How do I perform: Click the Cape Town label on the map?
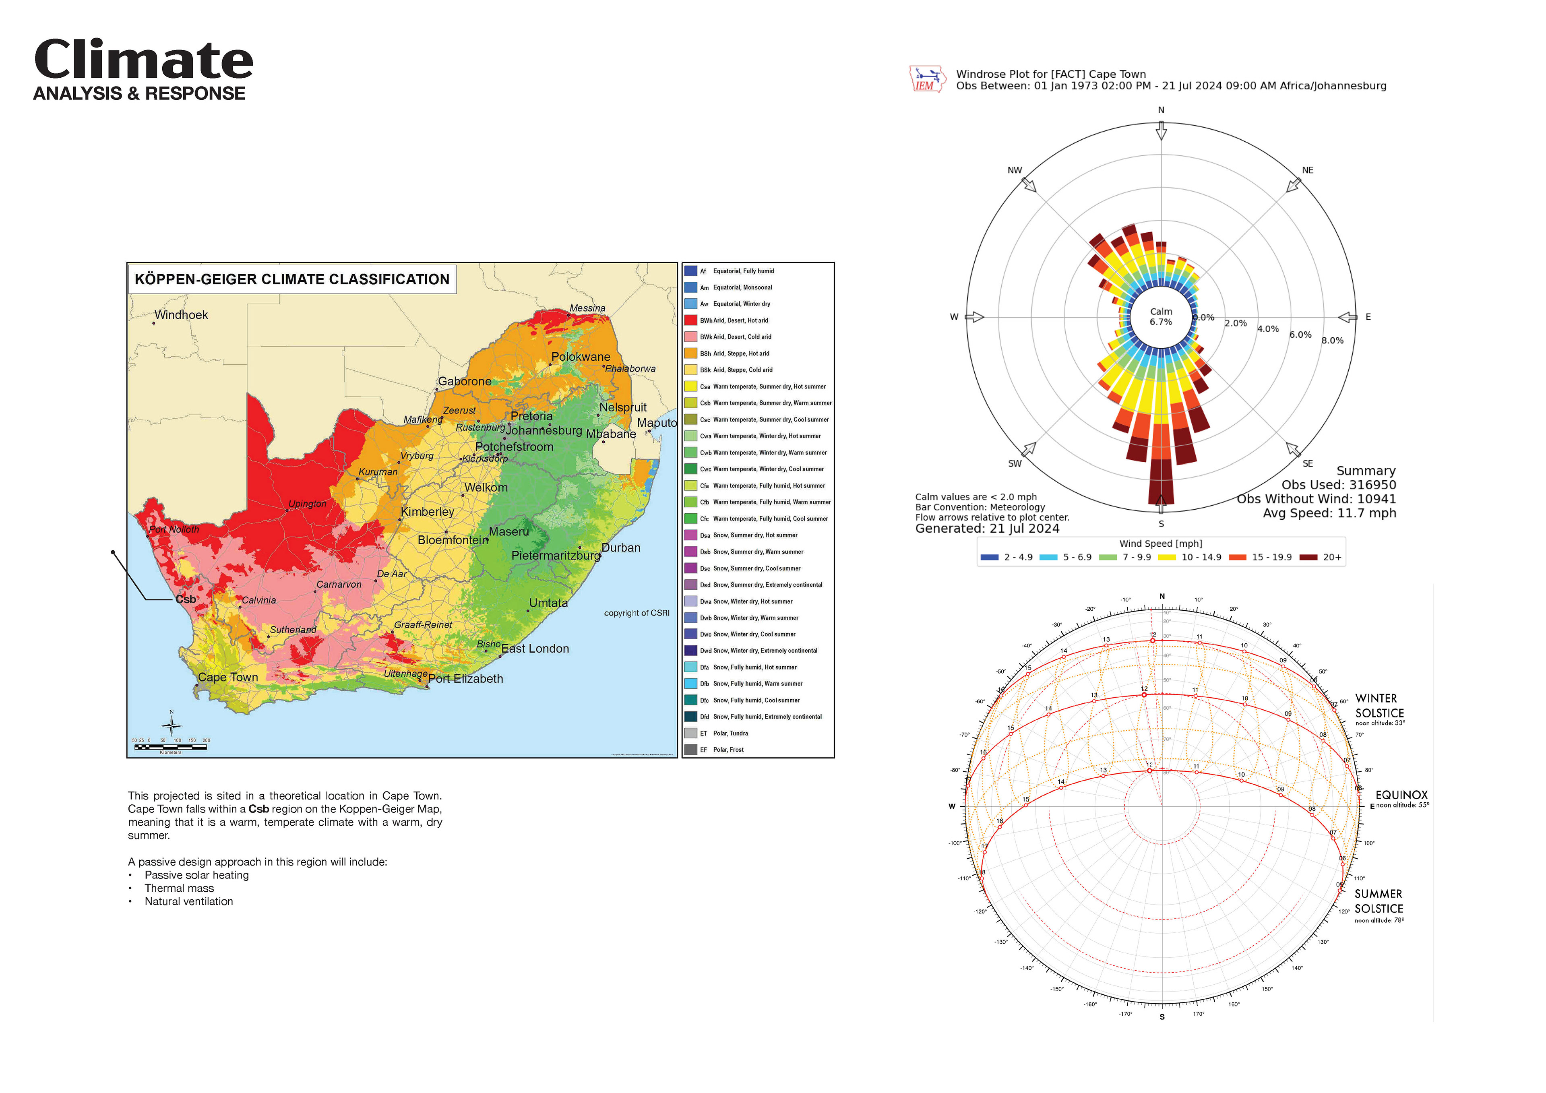(x=227, y=678)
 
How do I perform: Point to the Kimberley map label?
(x=428, y=512)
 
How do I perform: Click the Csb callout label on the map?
(x=186, y=599)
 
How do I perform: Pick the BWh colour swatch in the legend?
(x=690, y=320)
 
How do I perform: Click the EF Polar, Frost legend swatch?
(x=690, y=750)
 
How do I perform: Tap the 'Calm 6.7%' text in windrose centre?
(x=1161, y=316)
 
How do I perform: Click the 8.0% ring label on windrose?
(x=1332, y=341)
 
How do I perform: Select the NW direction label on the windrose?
(x=1015, y=170)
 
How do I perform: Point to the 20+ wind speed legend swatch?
(x=1308, y=558)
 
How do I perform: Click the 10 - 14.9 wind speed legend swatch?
(x=1167, y=558)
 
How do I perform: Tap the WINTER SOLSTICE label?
(x=1379, y=706)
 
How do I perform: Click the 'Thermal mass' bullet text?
(x=179, y=888)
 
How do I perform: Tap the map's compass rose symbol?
(x=172, y=725)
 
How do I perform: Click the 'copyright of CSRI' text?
(x=636, y=613)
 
